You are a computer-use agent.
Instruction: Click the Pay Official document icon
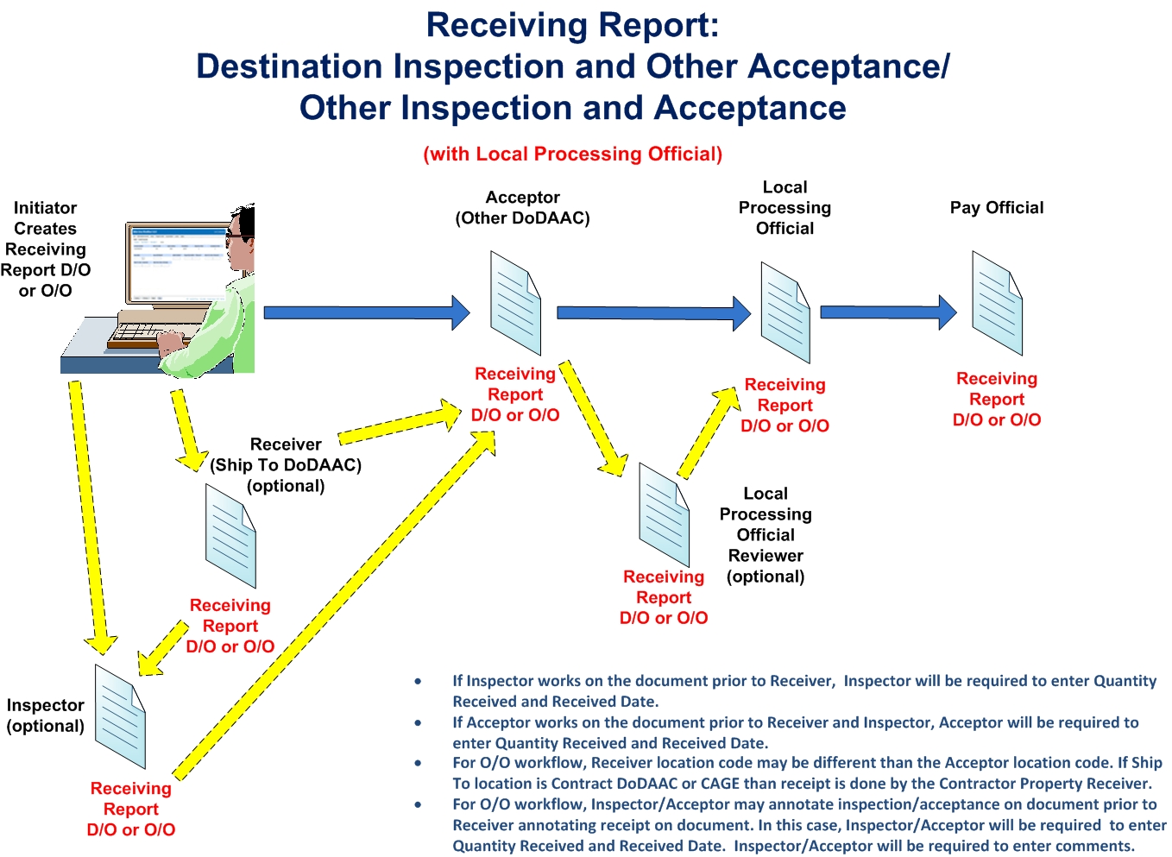point(997,303)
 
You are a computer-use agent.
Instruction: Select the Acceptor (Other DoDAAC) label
point(522,208)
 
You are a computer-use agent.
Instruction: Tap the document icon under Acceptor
point(515,303)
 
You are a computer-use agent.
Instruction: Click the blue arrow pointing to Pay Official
point(887,312)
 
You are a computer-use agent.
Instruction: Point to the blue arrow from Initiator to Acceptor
point(366,312)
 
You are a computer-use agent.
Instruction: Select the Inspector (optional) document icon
point(120,716)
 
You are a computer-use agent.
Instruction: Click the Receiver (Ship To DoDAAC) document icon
point(230,536)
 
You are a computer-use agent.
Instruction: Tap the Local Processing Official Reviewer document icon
point(664,515)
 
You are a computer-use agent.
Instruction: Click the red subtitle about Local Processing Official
point(572,154)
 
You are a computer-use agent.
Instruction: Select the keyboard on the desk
point(143,333)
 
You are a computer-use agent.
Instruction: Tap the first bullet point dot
point(419,682)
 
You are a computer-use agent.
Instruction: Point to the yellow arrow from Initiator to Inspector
point(90,518)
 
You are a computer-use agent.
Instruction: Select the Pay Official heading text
point(997,208)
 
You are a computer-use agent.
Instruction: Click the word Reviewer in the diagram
point(766,556)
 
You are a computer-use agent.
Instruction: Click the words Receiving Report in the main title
point(572,25)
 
